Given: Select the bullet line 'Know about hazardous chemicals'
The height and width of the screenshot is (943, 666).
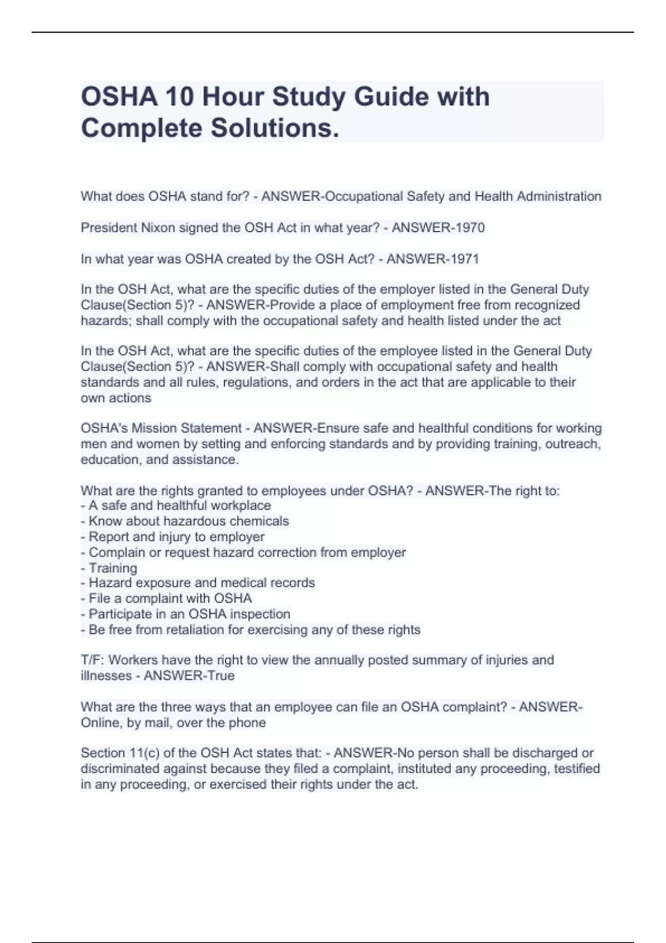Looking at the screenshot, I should [188, 521].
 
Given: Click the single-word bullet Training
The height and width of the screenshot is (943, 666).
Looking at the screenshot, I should [113, 568].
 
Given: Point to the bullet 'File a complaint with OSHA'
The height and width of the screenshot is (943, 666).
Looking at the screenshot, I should [170, 599].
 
